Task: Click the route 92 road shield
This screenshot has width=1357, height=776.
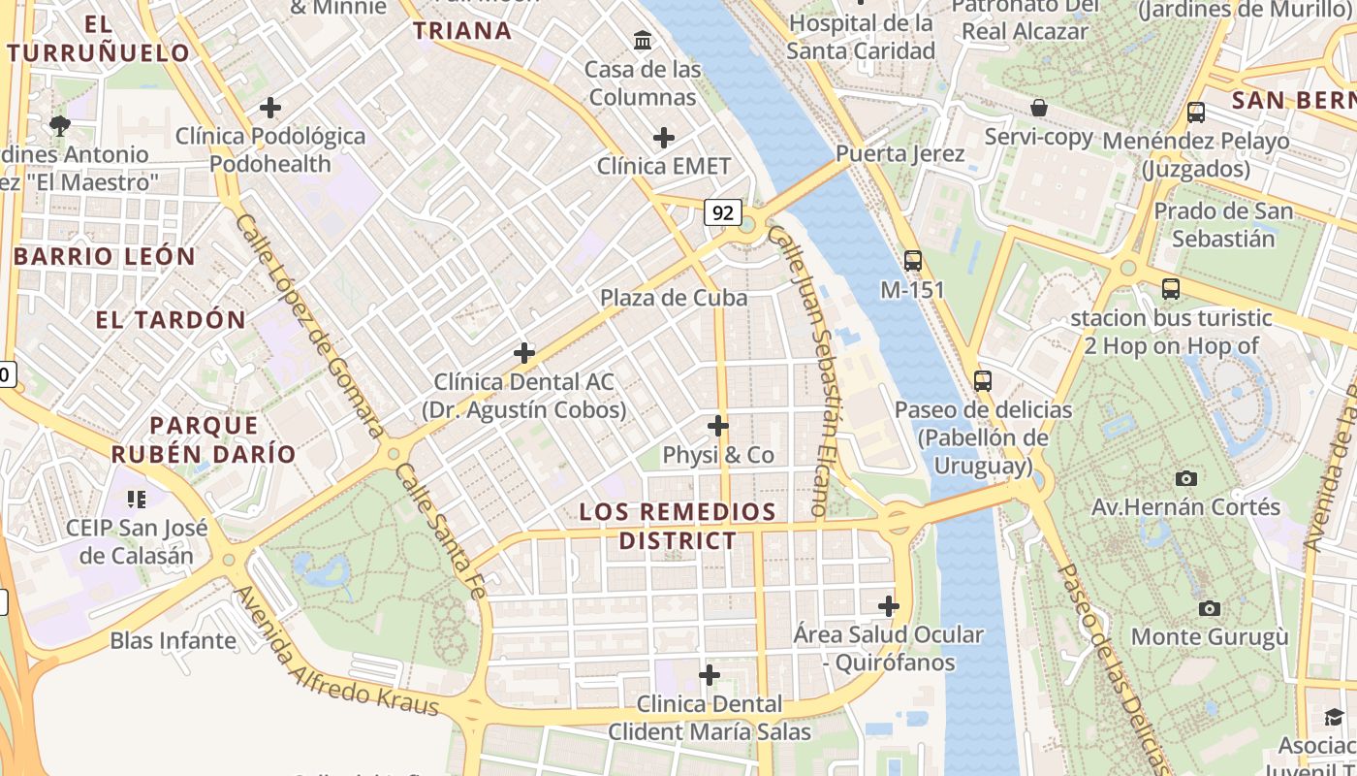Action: point(723,212)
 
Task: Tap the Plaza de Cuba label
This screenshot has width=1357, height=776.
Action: point(674,298)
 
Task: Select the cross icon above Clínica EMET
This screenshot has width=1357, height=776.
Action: point(664,138)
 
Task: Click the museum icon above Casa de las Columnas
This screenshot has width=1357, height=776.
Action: point(643,41)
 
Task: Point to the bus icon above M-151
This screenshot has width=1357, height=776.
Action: point(913,260)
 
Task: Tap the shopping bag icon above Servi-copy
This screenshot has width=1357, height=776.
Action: point(1039,108)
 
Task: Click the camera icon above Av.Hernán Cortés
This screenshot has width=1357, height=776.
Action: point(1185,478)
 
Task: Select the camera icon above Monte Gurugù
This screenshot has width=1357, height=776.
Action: point(1210,608)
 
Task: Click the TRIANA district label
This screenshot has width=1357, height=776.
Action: point(462,30)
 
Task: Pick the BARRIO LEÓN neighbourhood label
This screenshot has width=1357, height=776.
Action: point(105,257)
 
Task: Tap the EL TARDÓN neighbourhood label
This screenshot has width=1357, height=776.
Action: point(171,320)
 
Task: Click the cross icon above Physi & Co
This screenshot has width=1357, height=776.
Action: point(718,426)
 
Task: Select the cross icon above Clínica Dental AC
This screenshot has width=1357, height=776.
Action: point(524,353)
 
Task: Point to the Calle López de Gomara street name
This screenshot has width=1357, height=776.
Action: point(309,325)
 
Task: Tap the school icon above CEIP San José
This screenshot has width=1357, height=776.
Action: point(137,500)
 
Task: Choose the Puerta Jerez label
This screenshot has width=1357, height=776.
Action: point(899,154)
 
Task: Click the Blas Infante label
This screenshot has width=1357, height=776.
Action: point(173,640)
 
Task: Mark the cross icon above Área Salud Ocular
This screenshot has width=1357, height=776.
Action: point(889,606)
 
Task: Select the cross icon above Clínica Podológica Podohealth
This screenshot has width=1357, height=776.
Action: point(270,108)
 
